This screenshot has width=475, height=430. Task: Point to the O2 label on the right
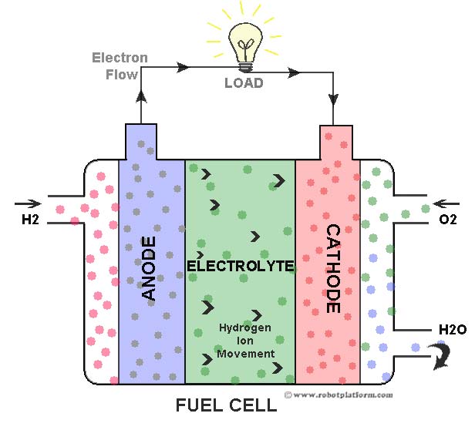click(448, 220)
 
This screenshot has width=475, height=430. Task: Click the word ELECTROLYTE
click(241, 266)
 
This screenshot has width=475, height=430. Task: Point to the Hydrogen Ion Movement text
click(245, 340)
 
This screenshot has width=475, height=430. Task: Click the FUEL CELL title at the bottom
click(227, 405)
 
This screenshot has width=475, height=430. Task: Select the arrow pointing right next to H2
click(26, 204)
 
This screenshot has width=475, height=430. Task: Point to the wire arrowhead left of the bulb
click(183, 67)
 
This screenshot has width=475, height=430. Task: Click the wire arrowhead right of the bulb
click(294, 74)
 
